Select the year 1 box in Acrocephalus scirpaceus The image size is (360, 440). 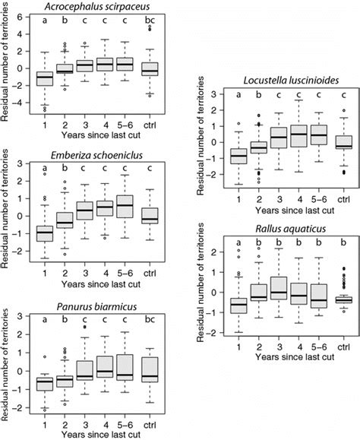pyautogui.click(x=45, y=78)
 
